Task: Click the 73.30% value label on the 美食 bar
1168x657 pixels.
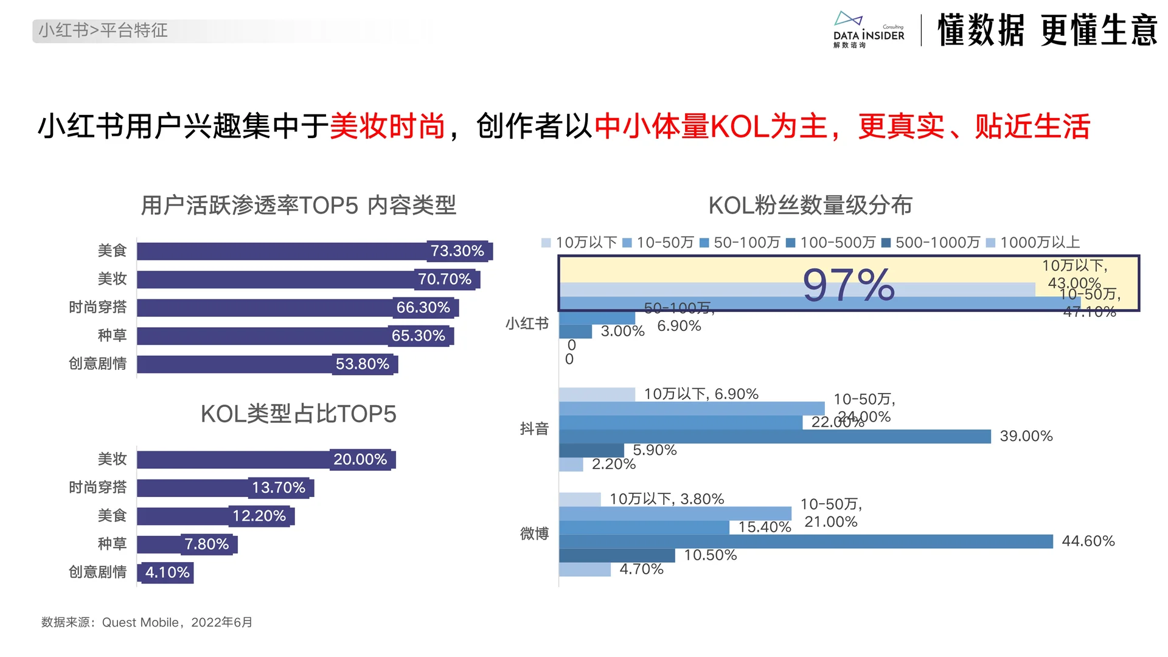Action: (x=457, y=251)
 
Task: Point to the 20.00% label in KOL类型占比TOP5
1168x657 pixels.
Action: (x=360, y=459)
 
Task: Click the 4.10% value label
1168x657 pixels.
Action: (x=167, y=572)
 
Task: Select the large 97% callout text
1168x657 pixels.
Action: (x=849, y=285)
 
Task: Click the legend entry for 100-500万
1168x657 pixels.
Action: (x=831, y=243)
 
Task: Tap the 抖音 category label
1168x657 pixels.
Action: (x=534, y=429)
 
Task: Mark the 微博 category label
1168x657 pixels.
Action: (x=534, y=534)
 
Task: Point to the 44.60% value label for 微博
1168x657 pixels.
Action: (x=1088, y=541)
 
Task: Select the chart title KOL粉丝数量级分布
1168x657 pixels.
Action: (x=810, y=206)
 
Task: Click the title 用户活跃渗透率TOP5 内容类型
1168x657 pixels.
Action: (x=298, y=206)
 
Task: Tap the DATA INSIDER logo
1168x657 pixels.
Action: (x=868, y=30)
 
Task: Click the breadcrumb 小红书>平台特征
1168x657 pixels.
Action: (x=103, y=30)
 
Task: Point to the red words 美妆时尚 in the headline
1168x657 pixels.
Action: (x=388, y=127)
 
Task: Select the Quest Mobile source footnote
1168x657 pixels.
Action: (x=147, y=622)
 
